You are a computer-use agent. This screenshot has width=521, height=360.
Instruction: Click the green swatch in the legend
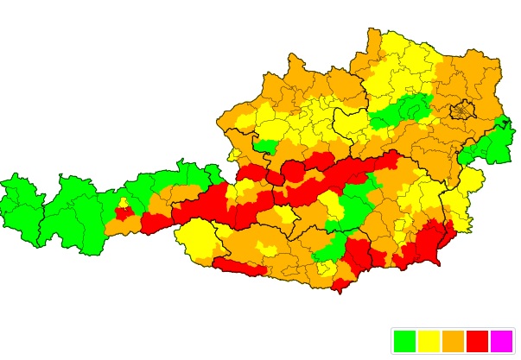point(404,341)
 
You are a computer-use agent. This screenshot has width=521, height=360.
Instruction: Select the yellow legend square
point(429,341)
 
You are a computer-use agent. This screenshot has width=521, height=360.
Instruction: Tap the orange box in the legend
point(453,341)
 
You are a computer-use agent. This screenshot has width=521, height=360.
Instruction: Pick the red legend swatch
point(477,341)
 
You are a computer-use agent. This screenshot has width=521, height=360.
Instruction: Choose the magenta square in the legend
point(501,341)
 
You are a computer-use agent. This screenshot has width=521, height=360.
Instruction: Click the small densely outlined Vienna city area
point(463,111)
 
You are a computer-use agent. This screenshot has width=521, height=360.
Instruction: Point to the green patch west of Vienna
point(402,111)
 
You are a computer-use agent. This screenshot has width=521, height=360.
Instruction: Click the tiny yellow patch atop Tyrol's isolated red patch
point(124,203)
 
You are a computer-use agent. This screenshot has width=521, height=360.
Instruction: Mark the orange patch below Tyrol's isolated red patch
point(121,226)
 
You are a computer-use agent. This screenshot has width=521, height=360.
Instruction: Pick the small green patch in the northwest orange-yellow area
point(266,147)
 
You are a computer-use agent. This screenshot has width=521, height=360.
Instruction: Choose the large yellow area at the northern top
point(402,60)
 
